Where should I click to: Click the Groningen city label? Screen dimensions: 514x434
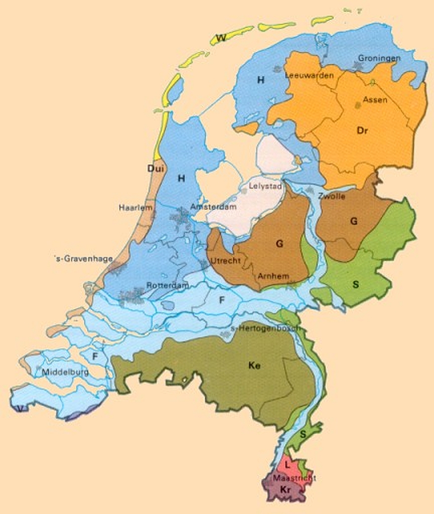[x=379, y=58]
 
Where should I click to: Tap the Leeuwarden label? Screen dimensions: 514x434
[x=309, y=76]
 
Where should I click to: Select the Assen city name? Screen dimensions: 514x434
[x=375, y=100]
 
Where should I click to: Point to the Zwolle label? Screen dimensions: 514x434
[x=331, y=196]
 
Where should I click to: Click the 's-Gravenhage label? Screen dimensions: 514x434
[x=83, y=259]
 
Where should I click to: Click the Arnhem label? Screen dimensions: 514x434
[x=273, y=276]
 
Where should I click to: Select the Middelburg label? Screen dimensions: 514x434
[x=65, y=372]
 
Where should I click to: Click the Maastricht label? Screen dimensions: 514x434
[x=294, y=478]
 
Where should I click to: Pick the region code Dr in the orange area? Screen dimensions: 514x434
[x=362, y=131]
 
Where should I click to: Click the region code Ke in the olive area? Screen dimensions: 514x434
[x=254, y=366]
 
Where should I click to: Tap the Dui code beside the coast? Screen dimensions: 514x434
[x=156, y=169]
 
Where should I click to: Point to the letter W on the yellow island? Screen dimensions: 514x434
[x=221, y=38]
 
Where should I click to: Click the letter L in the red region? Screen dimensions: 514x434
[x=287, y=466]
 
